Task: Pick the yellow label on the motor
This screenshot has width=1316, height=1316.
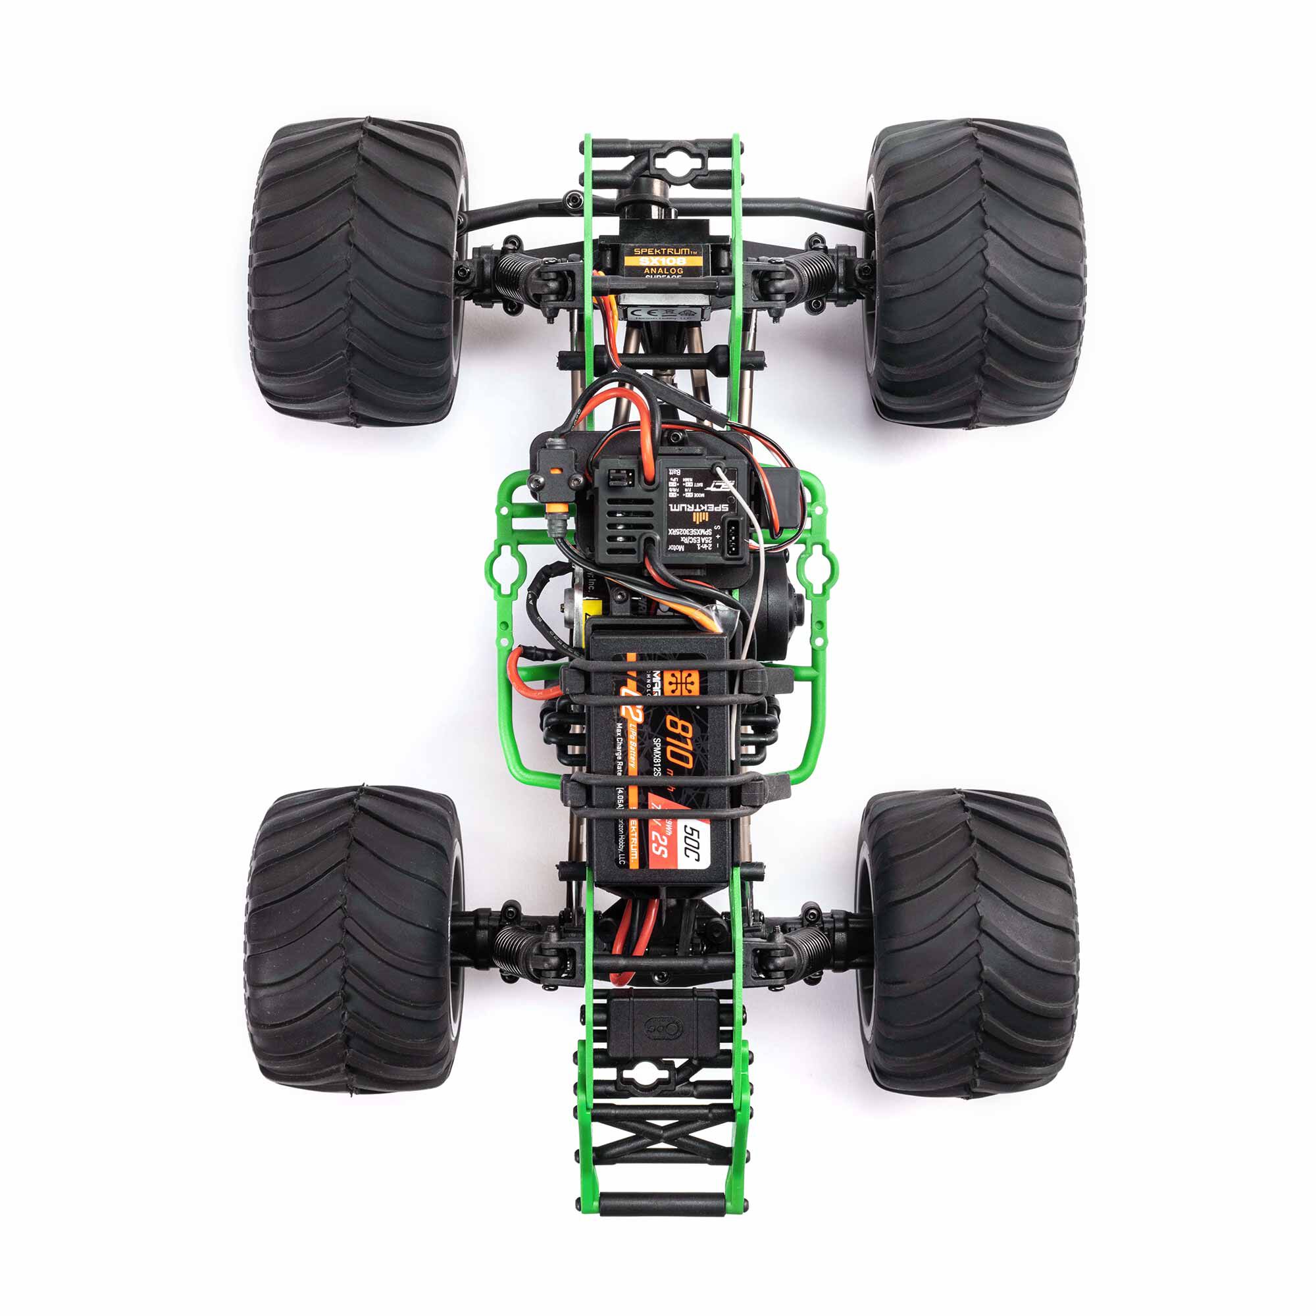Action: pos(585,606)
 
